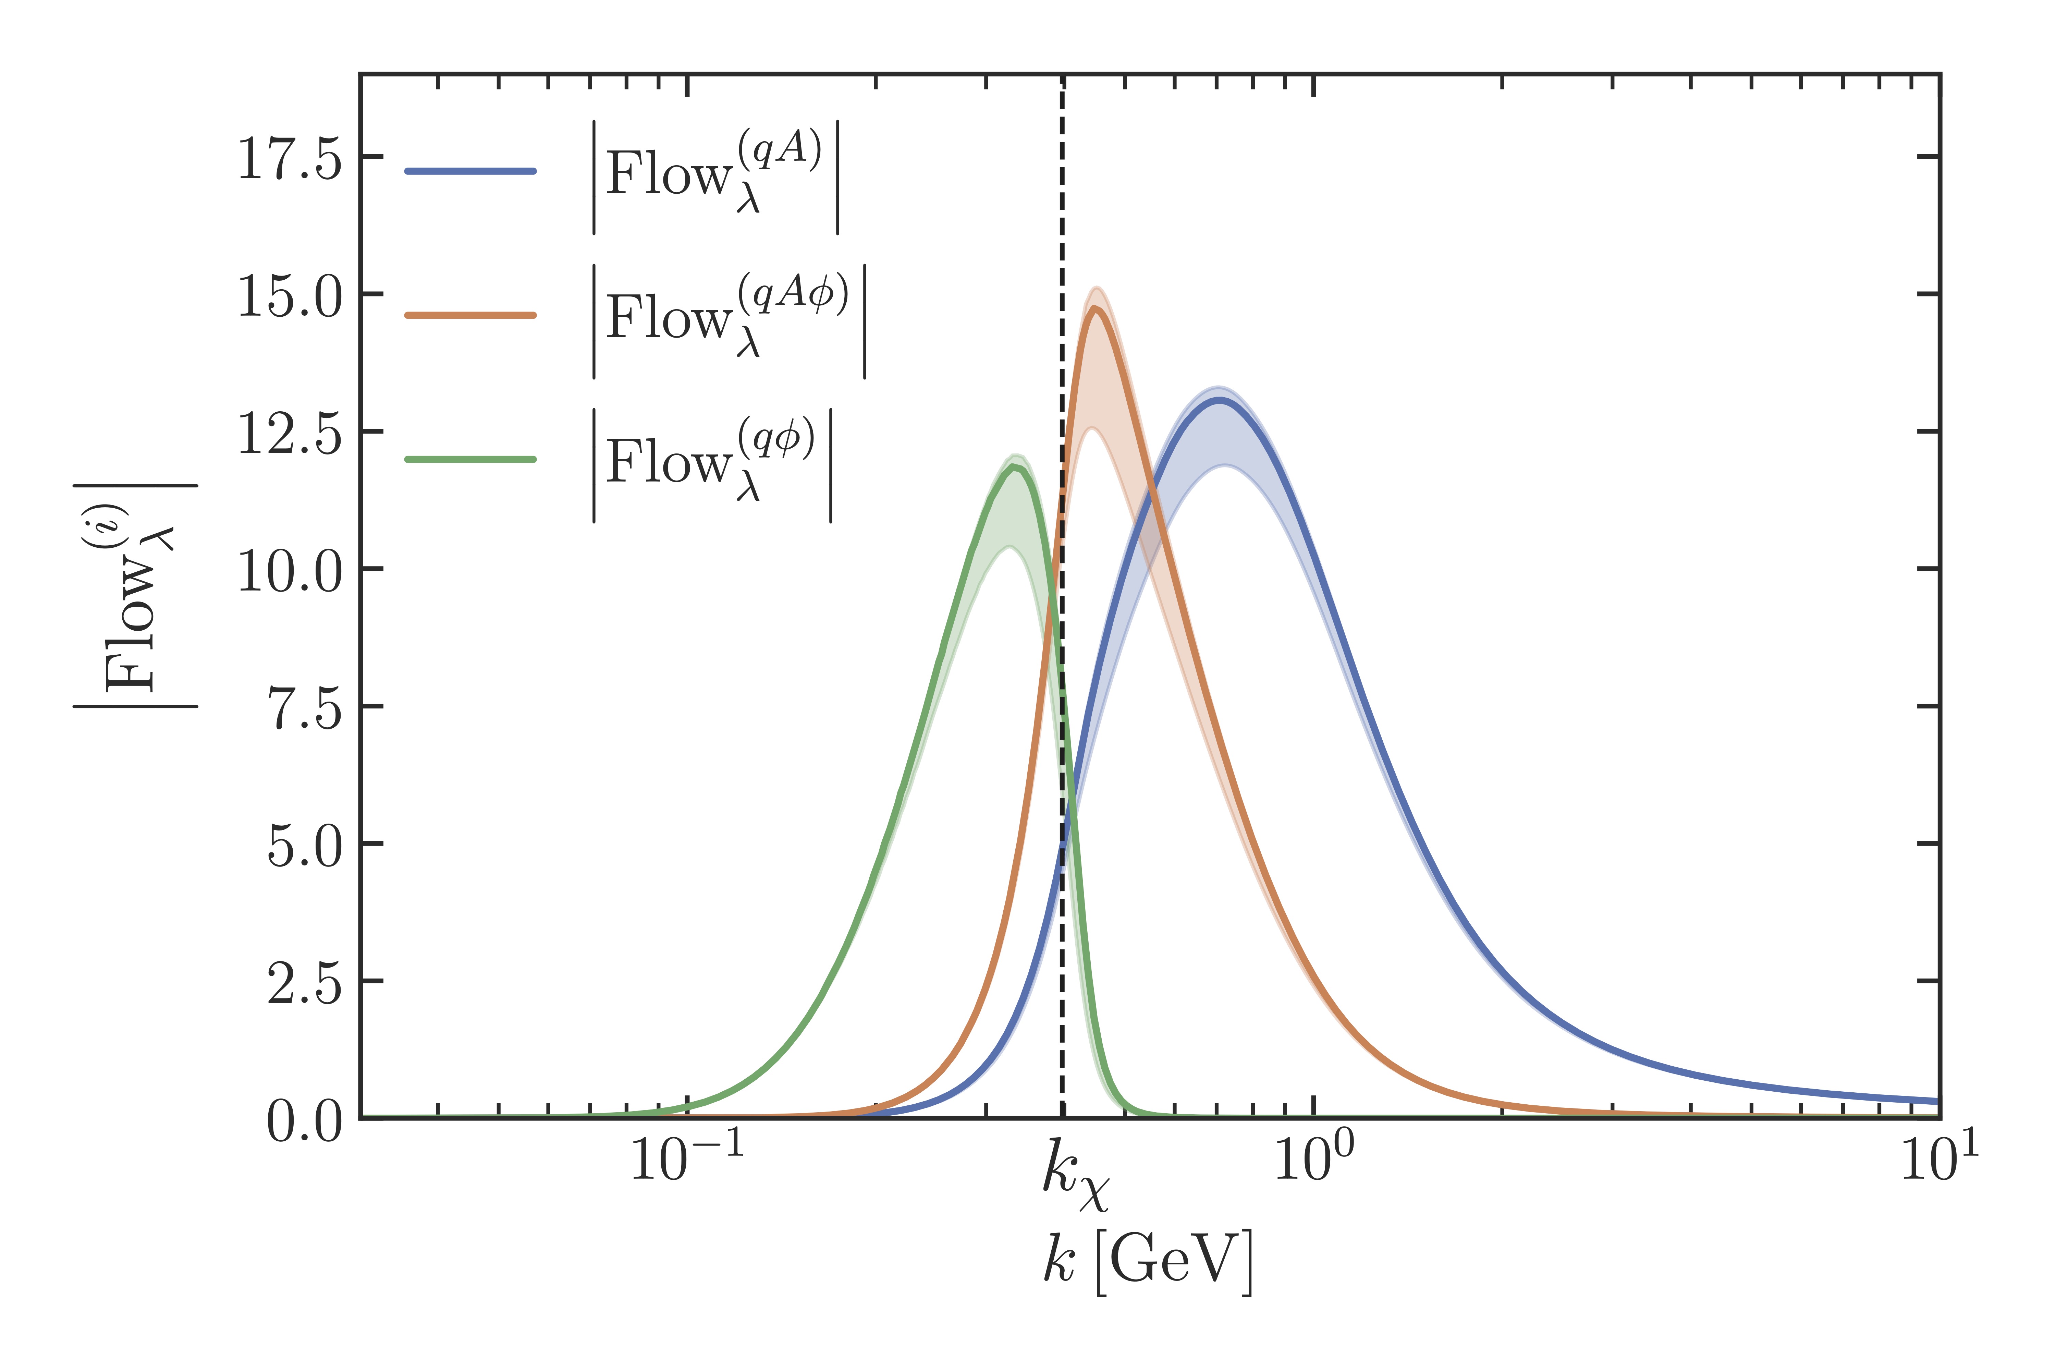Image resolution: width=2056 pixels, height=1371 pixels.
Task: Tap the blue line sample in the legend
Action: pos(470,170)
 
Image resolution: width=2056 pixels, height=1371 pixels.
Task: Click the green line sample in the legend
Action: pos(470,459)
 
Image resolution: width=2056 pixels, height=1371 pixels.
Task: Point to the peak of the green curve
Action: pos(1015,467)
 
